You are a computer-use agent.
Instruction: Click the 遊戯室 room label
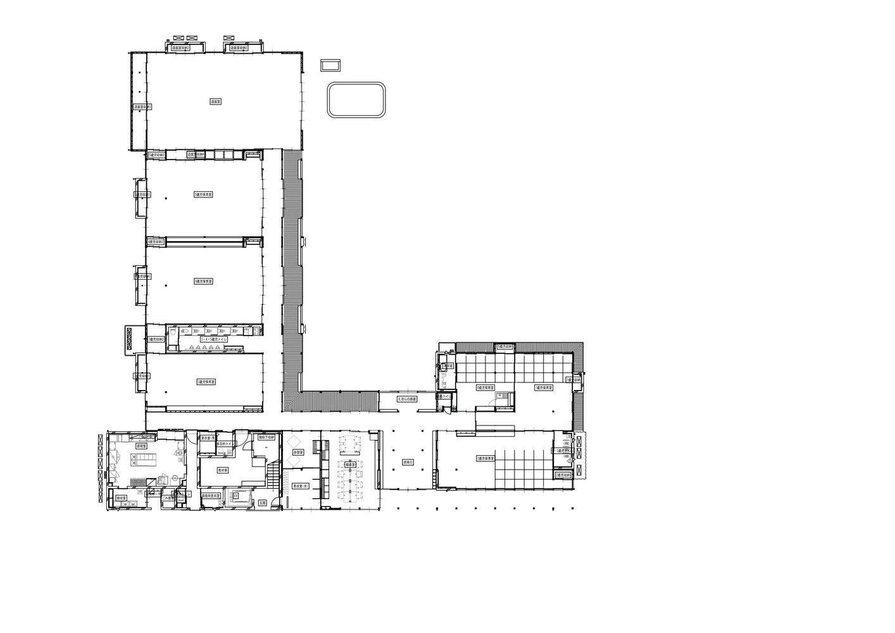(x=215, y=101)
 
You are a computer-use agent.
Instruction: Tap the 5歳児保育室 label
(x=204, y=194)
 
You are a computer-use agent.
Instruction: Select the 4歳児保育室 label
(x=204, y=281)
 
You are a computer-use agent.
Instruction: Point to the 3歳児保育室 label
(x=206, y=382)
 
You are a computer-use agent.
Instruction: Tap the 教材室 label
(x=222, y=470)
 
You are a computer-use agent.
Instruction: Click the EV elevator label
(x=235, y=496)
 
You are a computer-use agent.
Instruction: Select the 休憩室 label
(x=299, y=453)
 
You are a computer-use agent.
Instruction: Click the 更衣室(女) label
(x=300, y=486)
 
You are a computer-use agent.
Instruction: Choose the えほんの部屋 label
(x=406, y=399)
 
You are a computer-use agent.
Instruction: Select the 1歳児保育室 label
(x=543, y=387)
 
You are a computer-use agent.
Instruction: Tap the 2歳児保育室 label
(x=485, y=458)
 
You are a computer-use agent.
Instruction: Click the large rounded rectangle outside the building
(x=356, y=99)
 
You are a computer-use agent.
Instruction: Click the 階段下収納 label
(x=266, y=437)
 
